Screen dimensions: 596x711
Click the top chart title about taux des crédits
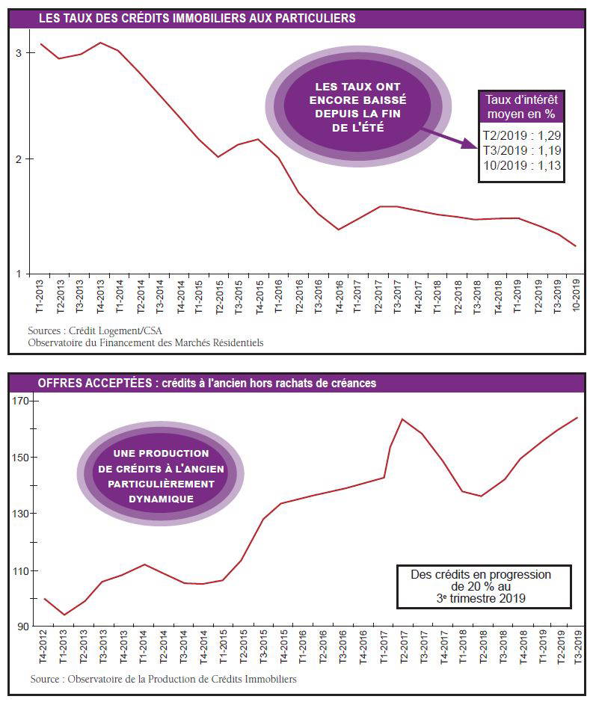[197, 18]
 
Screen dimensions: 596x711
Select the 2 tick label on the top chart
[19, 159]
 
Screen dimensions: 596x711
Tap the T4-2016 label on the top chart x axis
[339, 297]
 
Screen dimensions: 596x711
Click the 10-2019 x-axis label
[576, 295]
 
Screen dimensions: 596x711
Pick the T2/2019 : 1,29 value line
[522, 135]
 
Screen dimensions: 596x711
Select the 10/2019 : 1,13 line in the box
[522, 165]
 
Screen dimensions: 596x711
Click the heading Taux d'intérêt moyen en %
[521, 107]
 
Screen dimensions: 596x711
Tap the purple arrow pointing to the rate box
[448, 138]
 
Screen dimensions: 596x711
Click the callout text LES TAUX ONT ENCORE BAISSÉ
[358, 93]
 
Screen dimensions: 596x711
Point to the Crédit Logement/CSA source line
[95, 330]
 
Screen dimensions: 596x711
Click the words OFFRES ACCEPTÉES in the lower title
[95, 383]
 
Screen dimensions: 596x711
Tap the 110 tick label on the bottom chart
[19, 571]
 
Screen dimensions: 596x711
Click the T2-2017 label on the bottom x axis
[403, 647]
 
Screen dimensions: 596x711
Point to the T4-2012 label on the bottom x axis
[43, 647]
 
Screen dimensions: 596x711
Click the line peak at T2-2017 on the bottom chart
[402, 419]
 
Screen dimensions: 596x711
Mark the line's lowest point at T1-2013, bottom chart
[64, 615]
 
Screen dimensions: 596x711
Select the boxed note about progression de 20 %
[484, 587]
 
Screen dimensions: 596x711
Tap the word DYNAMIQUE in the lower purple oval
[161, 499]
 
